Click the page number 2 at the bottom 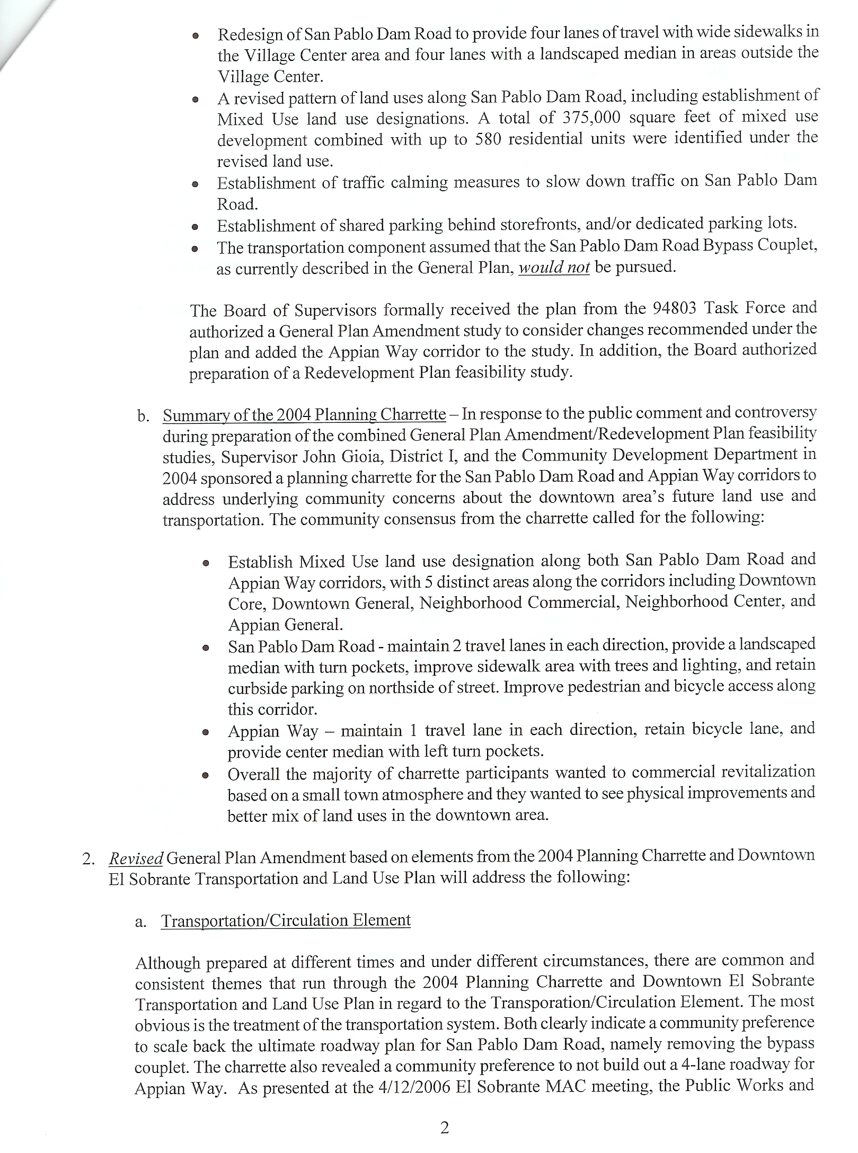click(444, 1129)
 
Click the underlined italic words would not click(554, 268)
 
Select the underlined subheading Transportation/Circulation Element click(286, 920)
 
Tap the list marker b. click(143, 416)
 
